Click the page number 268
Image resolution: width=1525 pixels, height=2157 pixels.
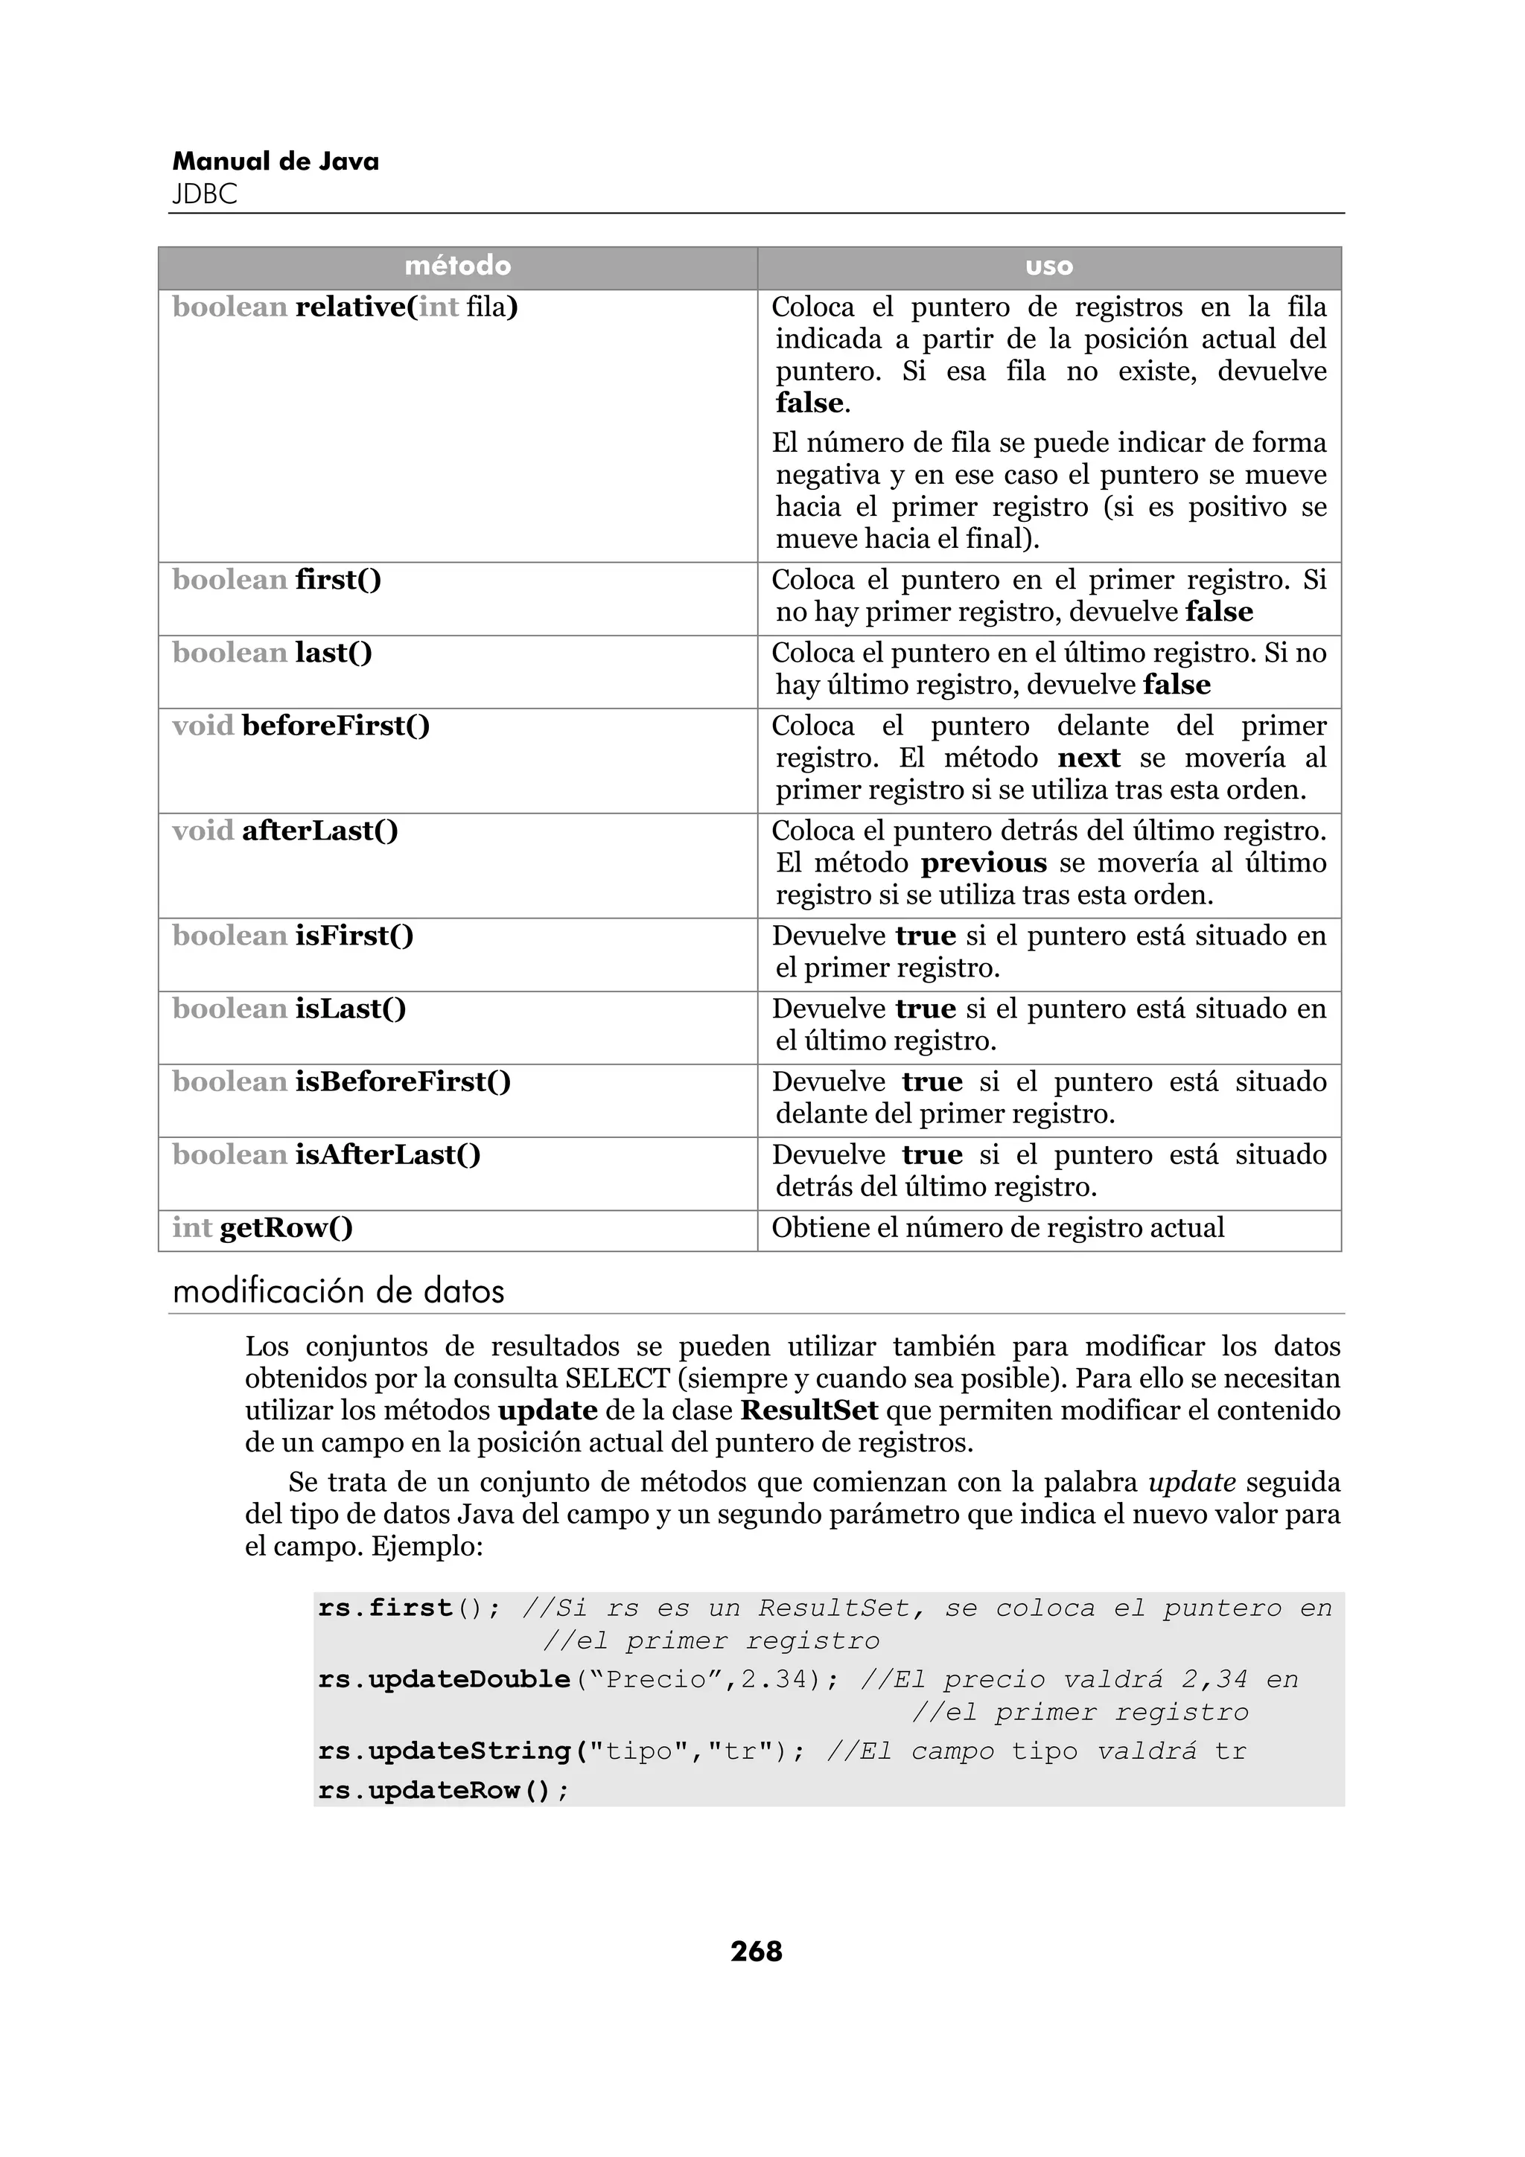click(x=756, y=1952)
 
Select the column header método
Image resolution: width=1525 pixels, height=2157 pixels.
click(x=458, y=266)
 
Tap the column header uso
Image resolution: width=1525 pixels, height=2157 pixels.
click(x=1048, y=266)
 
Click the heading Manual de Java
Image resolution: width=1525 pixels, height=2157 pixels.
click(x=276, y=162)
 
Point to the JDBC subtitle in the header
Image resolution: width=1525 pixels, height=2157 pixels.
click(x=205, y=194)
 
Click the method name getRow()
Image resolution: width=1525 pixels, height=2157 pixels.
click(x=286, y=1228)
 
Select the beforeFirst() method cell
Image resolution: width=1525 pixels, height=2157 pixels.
click(x=335, y=726)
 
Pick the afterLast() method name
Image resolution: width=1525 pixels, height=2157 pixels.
click(x=319, y=831)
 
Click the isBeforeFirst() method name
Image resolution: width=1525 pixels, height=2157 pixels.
click(x=403, y=1082)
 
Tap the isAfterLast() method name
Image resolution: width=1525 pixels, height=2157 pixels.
click(x=387, y=1155)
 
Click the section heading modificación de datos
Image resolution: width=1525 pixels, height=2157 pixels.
click(x=338, y=1292)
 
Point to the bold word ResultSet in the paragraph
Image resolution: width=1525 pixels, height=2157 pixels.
click(x=809, y=1410)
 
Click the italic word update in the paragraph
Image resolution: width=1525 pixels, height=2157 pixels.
click(x=1191, y=1483)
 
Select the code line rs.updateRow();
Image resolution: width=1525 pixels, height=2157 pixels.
click(x=444, y=1791)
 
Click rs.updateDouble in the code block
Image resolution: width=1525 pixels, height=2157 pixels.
click(x=445, y=1679)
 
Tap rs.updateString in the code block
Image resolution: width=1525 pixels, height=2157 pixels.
click(x=445, y=1751)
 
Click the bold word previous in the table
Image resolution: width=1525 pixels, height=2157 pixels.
click(x=983, y=863)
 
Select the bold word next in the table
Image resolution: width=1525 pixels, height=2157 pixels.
click(x=1088, y=758)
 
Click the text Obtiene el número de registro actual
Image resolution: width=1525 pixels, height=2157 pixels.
click(x=998, y=1228)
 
